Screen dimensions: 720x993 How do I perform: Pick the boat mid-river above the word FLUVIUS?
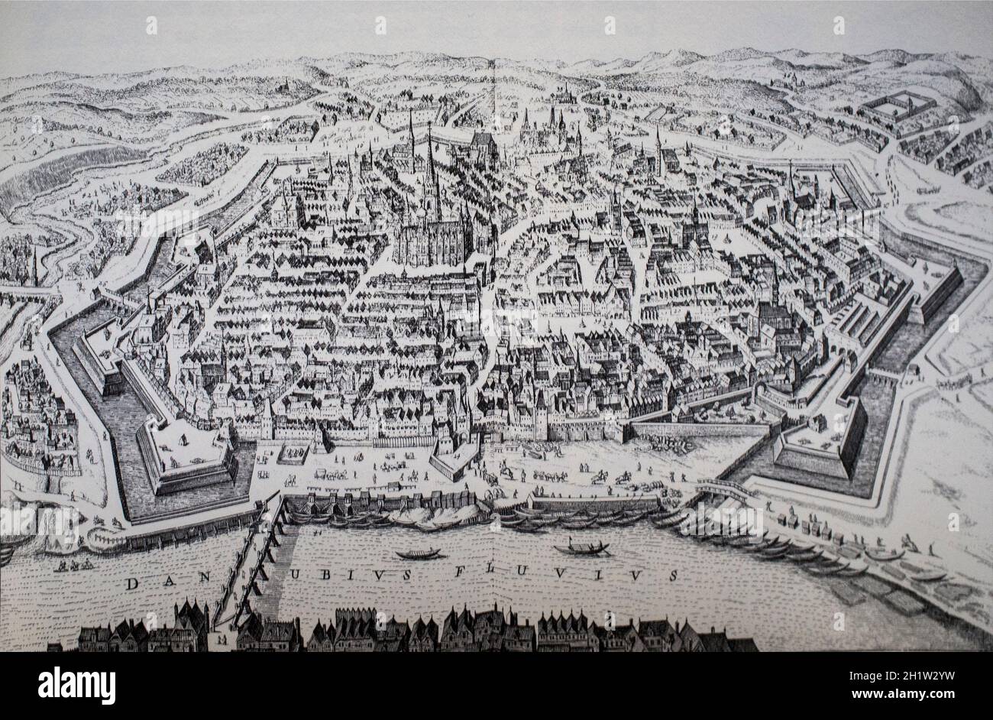coord(581,547)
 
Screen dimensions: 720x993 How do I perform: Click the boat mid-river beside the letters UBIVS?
coord(418,553)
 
